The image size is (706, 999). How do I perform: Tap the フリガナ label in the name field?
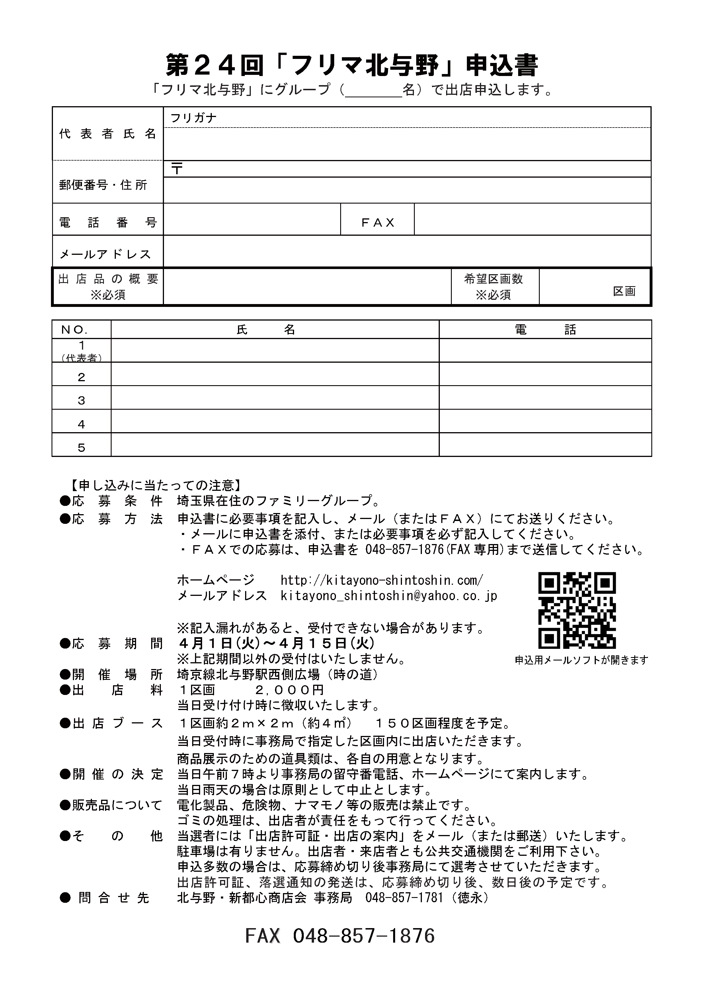pos(193,118)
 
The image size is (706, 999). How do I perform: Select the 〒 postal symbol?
pos(176,169)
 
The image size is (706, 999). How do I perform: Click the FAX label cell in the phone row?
pos(377,223)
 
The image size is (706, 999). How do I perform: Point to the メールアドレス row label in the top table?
pos(105,254)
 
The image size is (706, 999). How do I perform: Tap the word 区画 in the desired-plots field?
pos(624,292)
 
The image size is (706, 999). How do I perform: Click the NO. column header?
pos(75,330)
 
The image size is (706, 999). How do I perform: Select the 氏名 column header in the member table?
pos(266,330)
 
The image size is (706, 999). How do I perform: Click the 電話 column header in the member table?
pos(545,330)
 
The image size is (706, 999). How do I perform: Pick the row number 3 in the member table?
pos(81,401)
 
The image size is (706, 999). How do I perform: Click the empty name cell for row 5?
pos(275,445)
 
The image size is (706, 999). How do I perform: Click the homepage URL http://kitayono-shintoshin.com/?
pos(381,580)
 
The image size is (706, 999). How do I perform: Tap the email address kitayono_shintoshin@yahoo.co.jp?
pos(389,596)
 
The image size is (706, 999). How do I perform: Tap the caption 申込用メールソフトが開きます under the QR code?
pos(581,660)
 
